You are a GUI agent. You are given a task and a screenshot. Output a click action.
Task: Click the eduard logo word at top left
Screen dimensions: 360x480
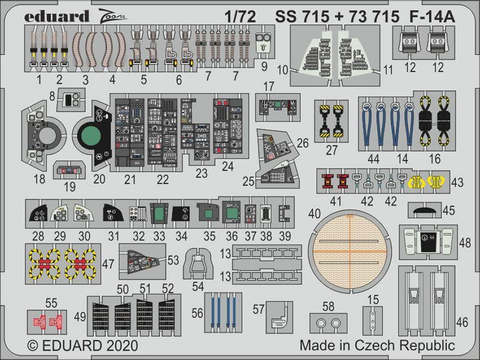56,16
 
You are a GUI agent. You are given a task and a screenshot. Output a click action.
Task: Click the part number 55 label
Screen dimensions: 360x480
51,303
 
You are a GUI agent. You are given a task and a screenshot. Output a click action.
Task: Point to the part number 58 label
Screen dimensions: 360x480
328,306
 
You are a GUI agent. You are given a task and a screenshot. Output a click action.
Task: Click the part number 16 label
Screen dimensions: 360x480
434,159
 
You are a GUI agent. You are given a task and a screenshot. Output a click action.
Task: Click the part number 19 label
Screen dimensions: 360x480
70,187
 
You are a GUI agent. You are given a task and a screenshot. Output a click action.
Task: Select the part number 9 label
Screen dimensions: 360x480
264,66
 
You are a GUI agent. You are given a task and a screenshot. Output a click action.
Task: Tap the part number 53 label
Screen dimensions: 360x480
173,260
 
